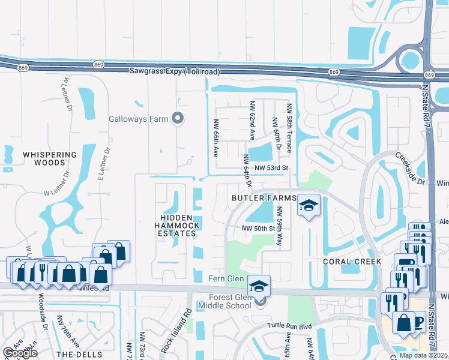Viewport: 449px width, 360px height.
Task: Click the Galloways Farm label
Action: click(138, 119)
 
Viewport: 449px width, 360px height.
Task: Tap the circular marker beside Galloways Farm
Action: click(177, 118)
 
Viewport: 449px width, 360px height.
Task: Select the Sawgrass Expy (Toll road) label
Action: click(175, 71)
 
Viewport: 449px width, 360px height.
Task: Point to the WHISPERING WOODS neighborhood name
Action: click(50, 158)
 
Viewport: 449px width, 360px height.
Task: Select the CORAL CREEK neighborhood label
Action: click(352, 262)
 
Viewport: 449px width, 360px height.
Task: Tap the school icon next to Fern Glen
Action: click(259, 285)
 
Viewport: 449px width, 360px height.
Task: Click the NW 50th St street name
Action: click(258, 229)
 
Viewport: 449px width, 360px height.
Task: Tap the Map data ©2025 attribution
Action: click(424, 355)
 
